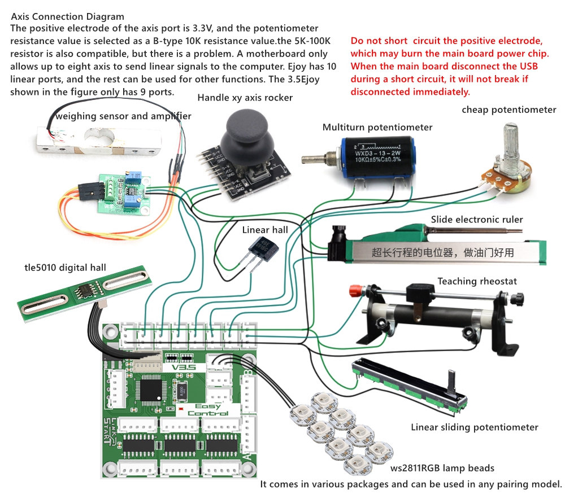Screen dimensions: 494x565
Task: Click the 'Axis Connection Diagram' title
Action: click(x=68, y=17)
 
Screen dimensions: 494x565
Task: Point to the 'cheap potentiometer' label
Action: click(x=508, y=110)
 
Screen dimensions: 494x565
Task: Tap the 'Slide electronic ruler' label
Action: click(x=477, y=220)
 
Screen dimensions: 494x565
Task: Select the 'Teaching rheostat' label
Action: click(x=477, y=281)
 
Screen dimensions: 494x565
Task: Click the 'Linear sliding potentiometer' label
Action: click(x=474, y=427)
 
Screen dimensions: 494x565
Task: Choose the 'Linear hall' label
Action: click(x=265, y=230)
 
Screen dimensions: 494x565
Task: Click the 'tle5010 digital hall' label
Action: click(x=57, y=267)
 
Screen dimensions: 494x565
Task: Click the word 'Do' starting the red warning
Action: click(x=357, y=41)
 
